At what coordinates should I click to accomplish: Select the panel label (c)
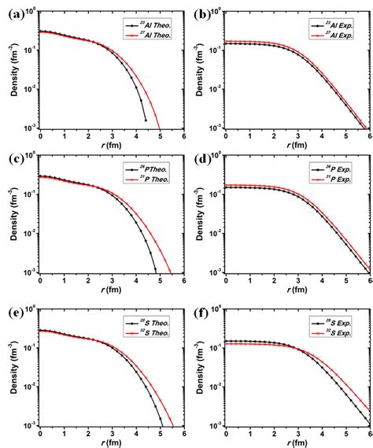point(12,164)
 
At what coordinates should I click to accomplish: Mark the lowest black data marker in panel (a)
point(146,120)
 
